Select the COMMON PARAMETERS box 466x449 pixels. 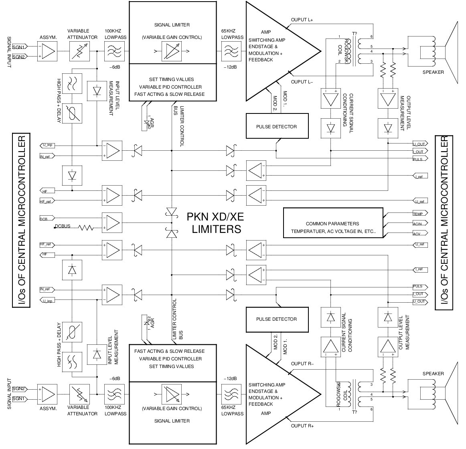pyautogui.click(x=333, y=223)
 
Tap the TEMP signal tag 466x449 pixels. pyautogui.click(x=420, y=214)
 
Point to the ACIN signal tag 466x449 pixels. pyautogui.click(x=420, y=223)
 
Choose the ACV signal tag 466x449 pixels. pyautogui.click(x=420, y=233)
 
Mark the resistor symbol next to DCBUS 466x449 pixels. pyautogui.click(x=86, y=228)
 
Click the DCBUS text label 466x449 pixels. pyautogui.click(x=63, y=227)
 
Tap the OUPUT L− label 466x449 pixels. pyautogui.click(x=302, y=82)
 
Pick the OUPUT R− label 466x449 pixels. pyautogui.click(x=302, y=364)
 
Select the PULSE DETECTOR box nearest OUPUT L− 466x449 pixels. pyautogui.click(x=277, y=127)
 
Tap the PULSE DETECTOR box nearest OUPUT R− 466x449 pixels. pyautogui.click(x=277, y=319)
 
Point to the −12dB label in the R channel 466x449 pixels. pyautogui.click(x=230, y=379)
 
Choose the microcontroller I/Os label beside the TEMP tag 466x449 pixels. pyautogui.click(x=444, y=222)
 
